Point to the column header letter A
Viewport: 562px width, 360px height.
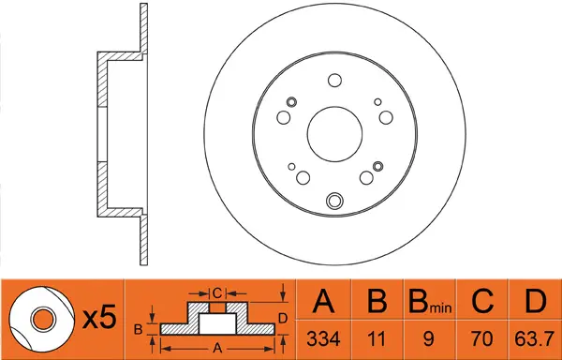coord(324,302)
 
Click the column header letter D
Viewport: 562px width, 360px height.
coord(535,302)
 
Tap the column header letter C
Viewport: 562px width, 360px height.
coord(484,302)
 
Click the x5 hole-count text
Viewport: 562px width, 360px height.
coord(97,319)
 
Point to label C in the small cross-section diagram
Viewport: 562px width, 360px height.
coord(216,292)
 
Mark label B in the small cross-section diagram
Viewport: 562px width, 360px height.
coord(138,329)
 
